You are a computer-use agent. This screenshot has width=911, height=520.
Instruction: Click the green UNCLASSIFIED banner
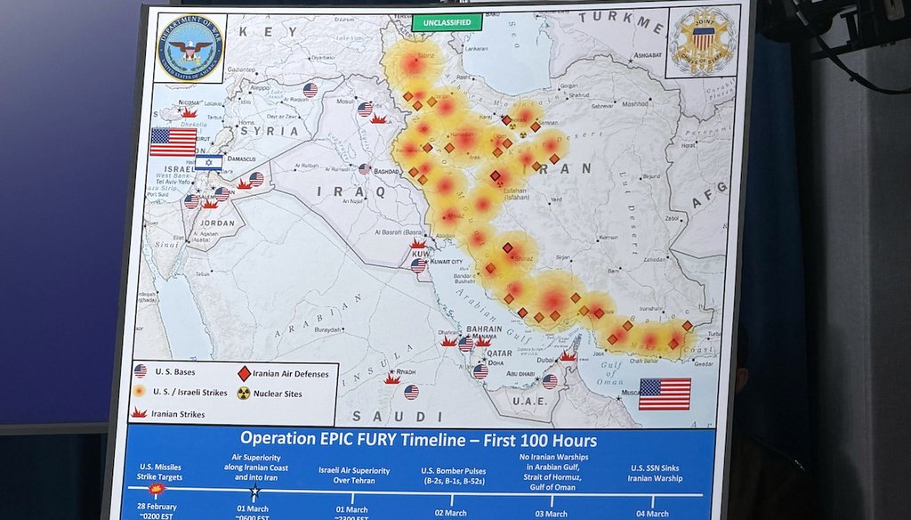point(447,22)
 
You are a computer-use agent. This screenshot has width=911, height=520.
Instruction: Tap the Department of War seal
point(190,48)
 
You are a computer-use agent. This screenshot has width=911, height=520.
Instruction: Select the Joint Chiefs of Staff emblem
point(704,40)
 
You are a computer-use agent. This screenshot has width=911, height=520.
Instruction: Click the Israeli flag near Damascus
point(208,162)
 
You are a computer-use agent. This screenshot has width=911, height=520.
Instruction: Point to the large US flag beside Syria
point(173,142)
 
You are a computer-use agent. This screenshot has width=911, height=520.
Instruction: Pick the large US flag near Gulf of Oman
point(665,394)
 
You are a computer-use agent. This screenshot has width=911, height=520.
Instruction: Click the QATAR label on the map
point(499,353)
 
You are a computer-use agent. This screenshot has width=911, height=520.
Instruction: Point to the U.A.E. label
point(530,402)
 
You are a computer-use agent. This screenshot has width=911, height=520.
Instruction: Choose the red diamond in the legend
point(244,374)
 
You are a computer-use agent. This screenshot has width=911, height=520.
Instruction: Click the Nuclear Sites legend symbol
point(244,393)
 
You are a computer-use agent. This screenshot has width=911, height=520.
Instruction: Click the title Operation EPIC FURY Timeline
point(418,441)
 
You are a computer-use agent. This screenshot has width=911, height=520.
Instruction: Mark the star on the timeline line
point(254,491)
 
